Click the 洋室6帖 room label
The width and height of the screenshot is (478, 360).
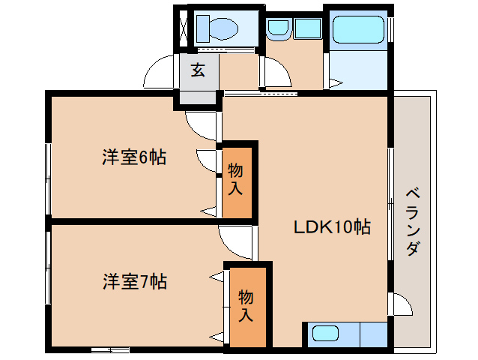coord(134,157)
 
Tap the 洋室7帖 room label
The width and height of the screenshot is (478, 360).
coord(135,281)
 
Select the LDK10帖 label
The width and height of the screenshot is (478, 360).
coord(332,227)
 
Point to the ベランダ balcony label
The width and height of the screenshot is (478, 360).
coord(413,223)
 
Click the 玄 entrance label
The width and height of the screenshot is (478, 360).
coord(198,70)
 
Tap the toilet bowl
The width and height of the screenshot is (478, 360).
coord(224,28)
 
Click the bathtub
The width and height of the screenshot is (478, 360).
coord(358,29)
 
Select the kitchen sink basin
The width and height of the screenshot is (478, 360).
coord(326,333)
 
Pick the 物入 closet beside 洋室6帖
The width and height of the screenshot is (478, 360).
coord(237,182)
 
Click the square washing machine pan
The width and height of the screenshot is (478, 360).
coord(308,28)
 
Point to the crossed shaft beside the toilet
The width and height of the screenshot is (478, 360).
coord(184,29)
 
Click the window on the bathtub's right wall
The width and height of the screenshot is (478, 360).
coord(390,29)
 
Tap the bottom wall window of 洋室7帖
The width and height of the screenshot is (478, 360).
coord(110,350)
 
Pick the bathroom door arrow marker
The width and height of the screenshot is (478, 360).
coord(336,82)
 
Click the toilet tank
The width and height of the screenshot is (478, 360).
coord(203,28)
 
